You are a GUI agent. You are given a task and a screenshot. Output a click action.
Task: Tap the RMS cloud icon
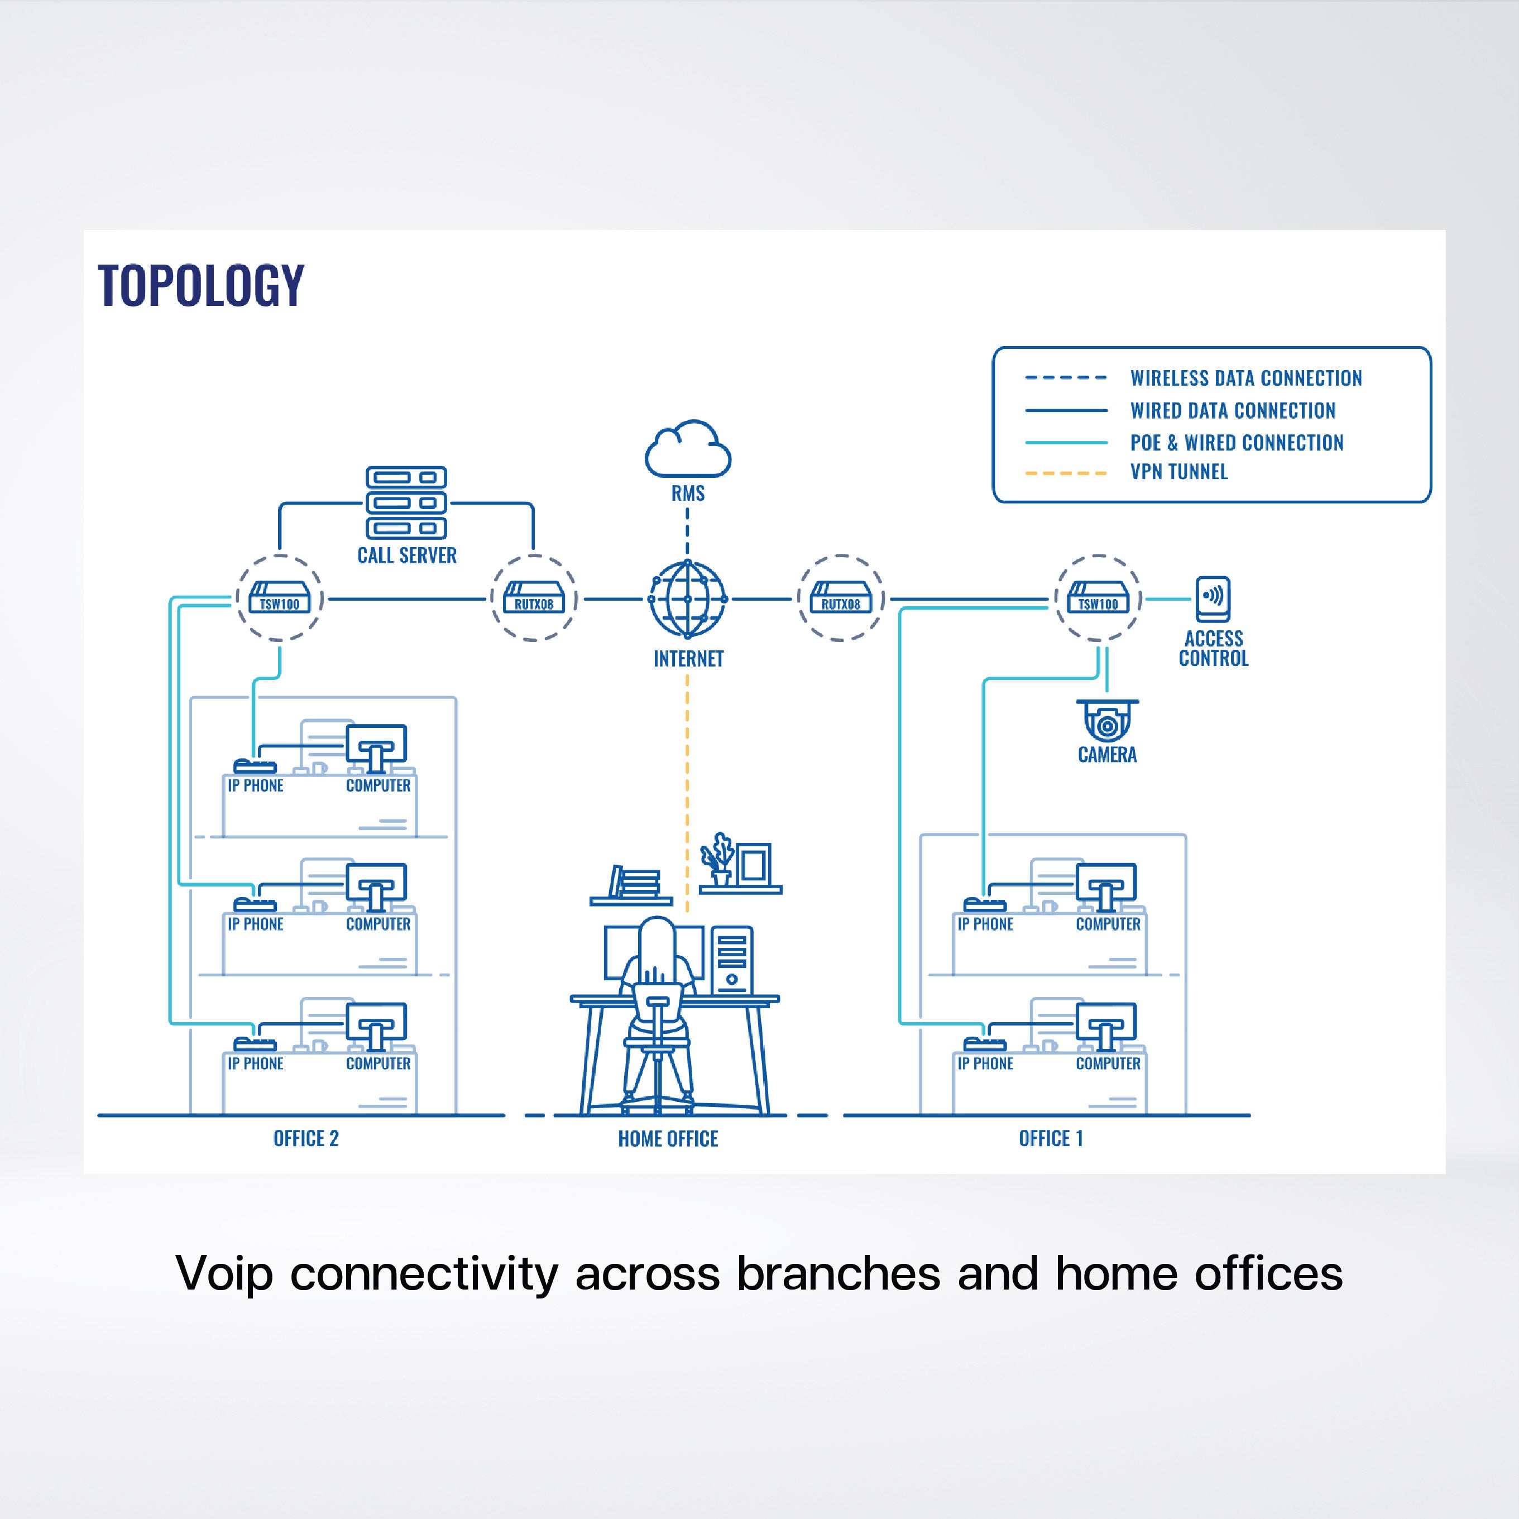click(688, 450)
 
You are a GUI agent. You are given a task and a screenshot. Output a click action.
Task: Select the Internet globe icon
click(688, 599)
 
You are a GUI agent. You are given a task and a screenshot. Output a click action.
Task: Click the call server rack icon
click(406, 502)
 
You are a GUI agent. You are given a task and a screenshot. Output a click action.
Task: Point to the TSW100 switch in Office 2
click(280, 599)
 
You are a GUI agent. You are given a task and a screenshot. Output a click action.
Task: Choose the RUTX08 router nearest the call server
click(534, 599)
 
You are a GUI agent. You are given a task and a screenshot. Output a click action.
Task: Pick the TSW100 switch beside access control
click(1098, 599)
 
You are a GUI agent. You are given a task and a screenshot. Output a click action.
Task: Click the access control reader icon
click(1213, 599)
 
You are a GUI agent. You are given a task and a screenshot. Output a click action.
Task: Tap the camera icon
click(1107, 720)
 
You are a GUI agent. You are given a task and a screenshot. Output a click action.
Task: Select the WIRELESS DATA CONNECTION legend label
click(1246, 378)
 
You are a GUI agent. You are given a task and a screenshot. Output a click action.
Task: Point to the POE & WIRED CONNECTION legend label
click(1237, 443)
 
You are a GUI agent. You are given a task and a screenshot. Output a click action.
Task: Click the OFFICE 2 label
click(306, 1138)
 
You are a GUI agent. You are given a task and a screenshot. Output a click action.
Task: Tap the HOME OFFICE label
click(668, 1138)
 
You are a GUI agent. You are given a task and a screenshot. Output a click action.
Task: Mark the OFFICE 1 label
click(1051, 1138)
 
